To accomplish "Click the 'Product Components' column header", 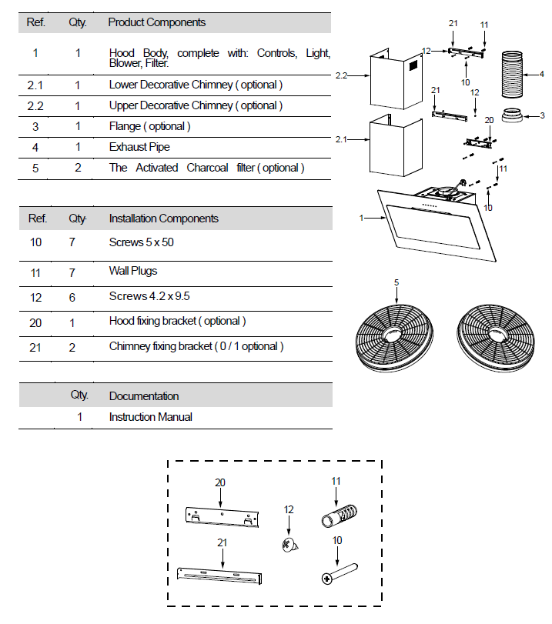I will click(x=157, y=22).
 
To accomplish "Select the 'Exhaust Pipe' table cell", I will click(x=139, y=147).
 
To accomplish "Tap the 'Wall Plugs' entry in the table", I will click(x=133, y=271).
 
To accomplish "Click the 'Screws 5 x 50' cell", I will click(x=136, y=243).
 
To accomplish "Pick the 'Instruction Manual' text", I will click(x=150, y=417).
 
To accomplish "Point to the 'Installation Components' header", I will click(x=163, y=219).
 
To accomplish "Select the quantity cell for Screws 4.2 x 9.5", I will click(x=78, y=297).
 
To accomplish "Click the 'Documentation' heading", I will click(x=144, y=396).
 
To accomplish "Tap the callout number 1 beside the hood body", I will click(x=360, y=219).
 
